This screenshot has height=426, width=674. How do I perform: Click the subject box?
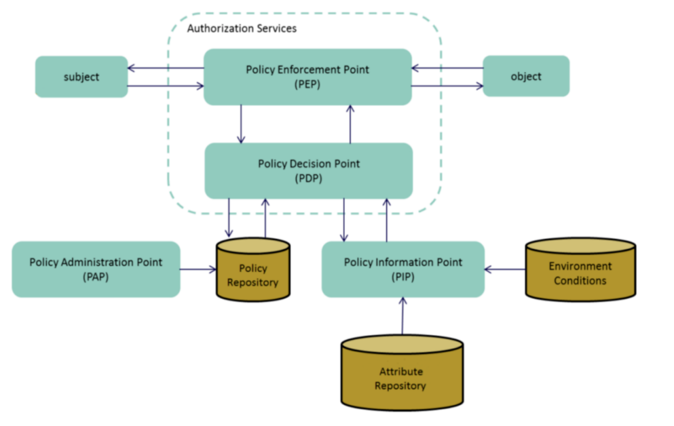81,77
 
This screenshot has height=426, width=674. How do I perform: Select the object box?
526,76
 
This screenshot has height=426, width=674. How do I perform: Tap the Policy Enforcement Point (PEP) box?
307,77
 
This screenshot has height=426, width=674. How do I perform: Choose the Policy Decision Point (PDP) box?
308,170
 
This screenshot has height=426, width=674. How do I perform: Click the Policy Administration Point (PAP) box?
95,269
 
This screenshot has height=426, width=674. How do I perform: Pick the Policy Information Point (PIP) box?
403,269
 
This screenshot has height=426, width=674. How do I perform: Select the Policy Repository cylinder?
252,275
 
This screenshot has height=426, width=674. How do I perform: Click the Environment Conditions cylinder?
580,273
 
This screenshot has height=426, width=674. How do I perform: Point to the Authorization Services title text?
242,29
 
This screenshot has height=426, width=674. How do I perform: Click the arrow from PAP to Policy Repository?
198,270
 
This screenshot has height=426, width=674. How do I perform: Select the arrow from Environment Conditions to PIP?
505,269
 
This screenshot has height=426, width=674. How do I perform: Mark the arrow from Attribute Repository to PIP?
403,316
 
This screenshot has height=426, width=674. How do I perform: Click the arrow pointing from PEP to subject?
165,67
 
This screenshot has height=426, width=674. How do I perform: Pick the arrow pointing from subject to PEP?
165,86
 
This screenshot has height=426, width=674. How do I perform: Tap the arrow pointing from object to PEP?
447,67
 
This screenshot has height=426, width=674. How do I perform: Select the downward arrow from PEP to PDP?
241,123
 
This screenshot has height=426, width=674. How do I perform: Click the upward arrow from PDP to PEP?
350,123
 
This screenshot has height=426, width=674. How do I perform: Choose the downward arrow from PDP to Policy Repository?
229,218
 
